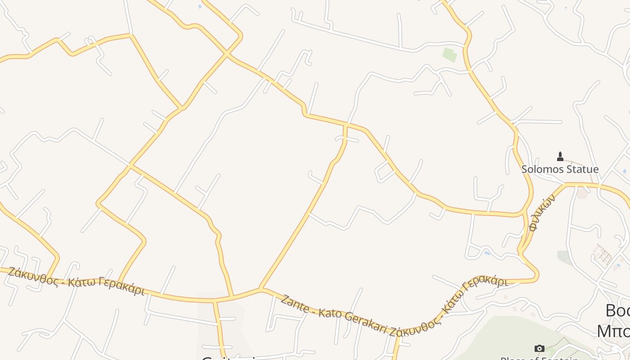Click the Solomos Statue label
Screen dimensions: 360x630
coord(560,169)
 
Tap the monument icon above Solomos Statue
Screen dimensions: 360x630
coord(560,156)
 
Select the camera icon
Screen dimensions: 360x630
coord(539,348)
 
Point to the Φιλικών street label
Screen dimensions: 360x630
coord(542,212)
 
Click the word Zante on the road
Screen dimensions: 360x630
coord(295,304)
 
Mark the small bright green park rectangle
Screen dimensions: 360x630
coord(450,55)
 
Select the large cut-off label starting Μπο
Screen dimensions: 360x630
coord(613,331)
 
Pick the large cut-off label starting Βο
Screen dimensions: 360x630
coord(617,310)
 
